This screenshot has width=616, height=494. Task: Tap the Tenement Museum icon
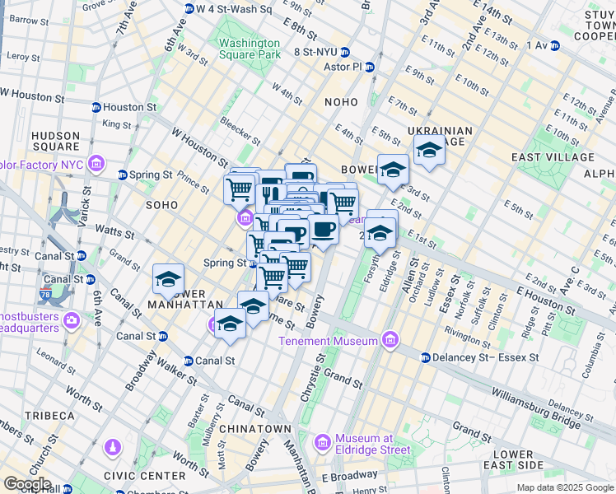390,341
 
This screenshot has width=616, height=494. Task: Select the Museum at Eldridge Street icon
322,444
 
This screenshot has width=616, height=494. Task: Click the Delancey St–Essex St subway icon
425,358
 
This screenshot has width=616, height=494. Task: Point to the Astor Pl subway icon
370,67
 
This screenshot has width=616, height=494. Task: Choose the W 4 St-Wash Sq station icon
189,9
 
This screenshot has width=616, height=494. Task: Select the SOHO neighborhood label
161,203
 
